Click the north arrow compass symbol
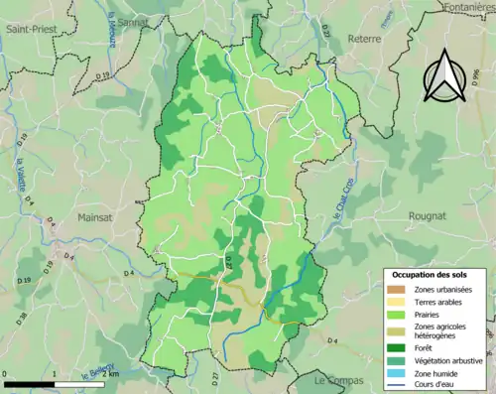pyautogui.click(x=443, y=74)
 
